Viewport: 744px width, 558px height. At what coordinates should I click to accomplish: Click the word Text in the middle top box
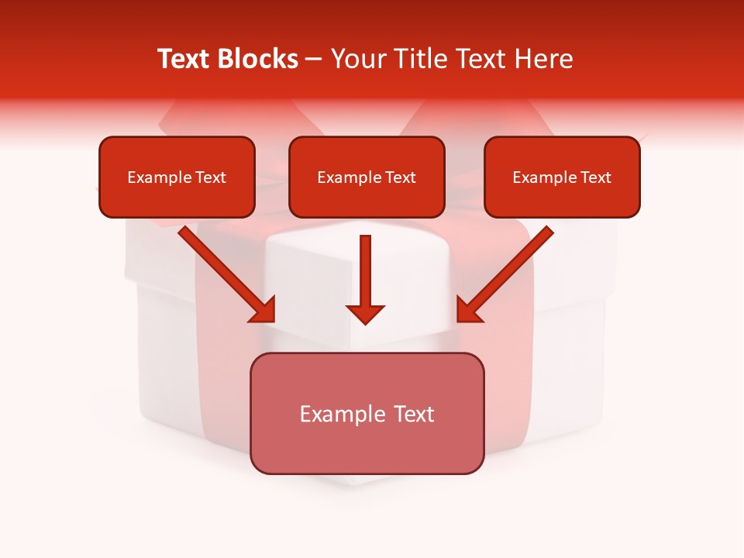tap(401, 177)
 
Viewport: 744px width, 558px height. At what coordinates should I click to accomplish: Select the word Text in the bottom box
tap(413, 414)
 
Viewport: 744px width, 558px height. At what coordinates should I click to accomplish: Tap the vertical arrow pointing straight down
tap(366, 271)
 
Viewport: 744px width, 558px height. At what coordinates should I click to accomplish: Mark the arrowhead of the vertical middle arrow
tap(366, 314)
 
